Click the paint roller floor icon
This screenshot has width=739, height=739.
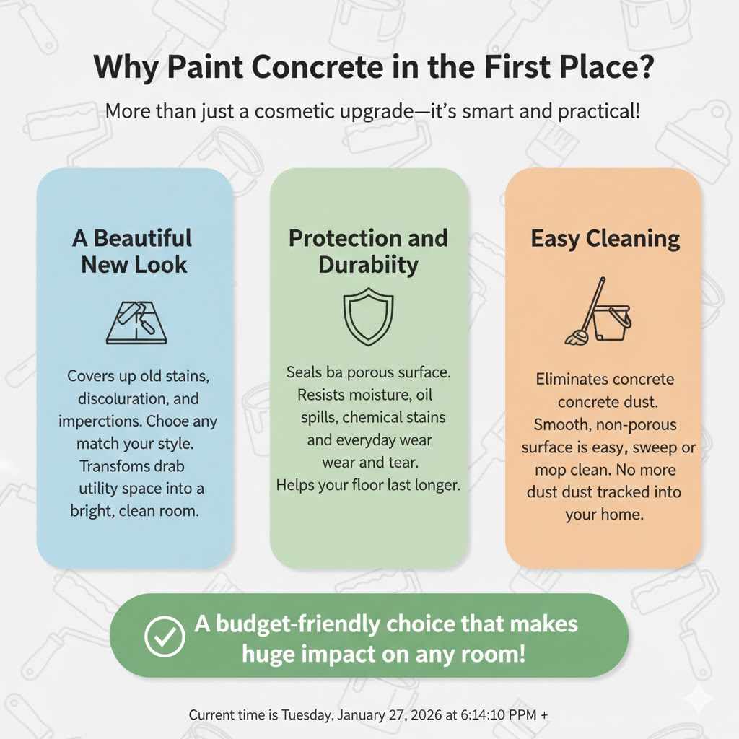point(136,321)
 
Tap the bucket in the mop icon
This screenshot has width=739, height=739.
point(611,323)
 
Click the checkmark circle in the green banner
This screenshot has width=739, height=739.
point(165,635)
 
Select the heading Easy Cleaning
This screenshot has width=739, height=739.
point(605,239)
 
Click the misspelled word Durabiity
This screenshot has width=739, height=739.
point(368,264)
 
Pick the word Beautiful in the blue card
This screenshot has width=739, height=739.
point(143,237)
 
